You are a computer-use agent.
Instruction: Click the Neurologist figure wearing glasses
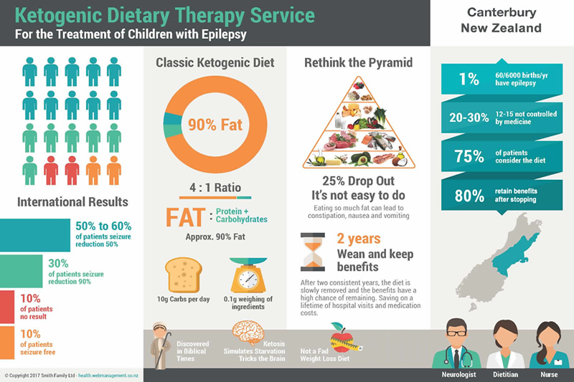(458, 345)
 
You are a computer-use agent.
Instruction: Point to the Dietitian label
(507, 373)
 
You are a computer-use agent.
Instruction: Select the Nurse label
(548, 373)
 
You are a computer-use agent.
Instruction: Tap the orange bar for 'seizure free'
(7, 343)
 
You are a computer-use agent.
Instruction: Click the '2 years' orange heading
(358, 239)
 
